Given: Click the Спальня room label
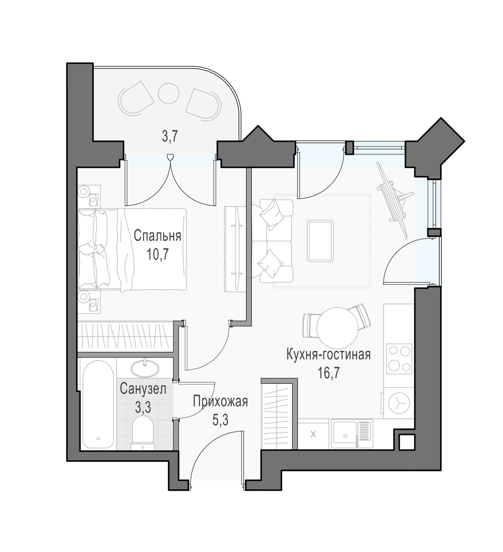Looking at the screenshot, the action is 157,236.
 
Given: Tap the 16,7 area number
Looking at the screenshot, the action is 328,373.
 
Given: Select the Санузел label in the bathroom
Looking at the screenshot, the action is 143,389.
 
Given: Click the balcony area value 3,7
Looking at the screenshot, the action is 170,136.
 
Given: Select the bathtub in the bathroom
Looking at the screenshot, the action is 98,404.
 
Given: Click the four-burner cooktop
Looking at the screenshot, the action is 399,359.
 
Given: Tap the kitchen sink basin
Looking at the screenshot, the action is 345,435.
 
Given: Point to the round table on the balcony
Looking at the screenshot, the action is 168,93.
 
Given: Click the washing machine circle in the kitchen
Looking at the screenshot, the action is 398,403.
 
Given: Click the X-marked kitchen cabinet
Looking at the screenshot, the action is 313,435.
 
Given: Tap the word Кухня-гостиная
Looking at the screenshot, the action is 328,354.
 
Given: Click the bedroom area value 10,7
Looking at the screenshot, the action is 157,255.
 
